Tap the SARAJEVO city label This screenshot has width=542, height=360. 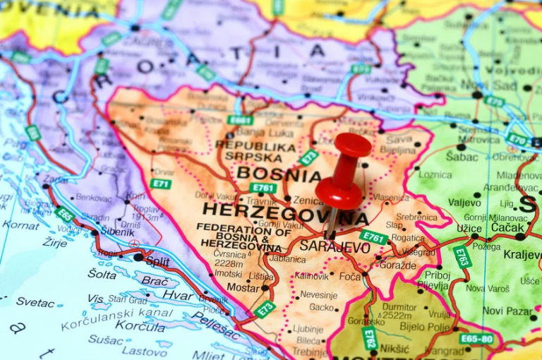(x=335, y=247)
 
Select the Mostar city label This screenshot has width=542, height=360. (x=243, y=288)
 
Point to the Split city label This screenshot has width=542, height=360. (x=157, y=260)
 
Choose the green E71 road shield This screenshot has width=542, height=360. (x=160, y=184)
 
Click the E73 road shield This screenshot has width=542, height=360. (x=265, y=308)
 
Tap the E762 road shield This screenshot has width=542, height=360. (x=369, y=338)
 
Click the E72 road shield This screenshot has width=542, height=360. (x=308, y=157)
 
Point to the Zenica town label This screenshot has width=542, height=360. (x=308, y=200)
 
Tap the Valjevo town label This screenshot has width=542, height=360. (x=464, y=203)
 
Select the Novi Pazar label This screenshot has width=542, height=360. (x=507, y=311)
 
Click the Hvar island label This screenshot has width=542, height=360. (x=177, y=295)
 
